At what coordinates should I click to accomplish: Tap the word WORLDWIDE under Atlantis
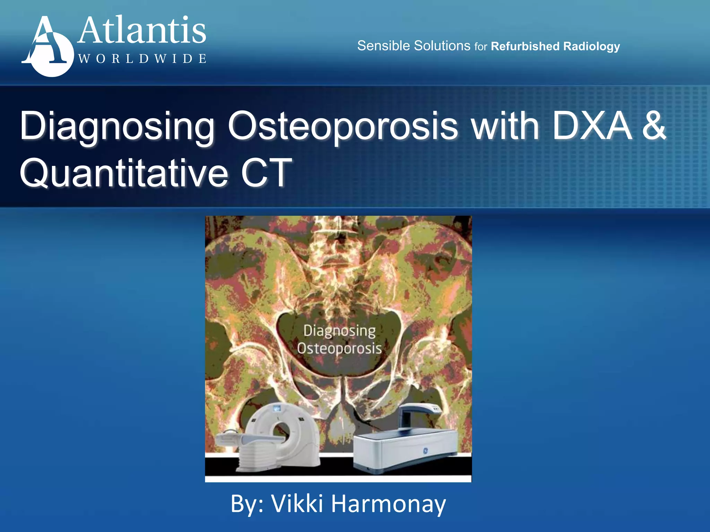[x=142, y=59]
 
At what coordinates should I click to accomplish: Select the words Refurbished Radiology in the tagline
[x=555, y=46]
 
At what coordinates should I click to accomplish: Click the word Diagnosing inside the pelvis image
[x=339, y=331]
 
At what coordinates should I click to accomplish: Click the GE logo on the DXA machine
[x=425, y=451]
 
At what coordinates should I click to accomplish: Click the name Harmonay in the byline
[x=388, y=504]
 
